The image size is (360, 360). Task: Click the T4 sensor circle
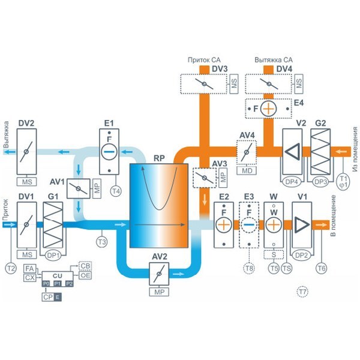[x=116, y=191]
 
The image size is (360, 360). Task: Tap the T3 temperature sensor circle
[x=102, y=242]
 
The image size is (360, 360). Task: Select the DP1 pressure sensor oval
[x=53, y=255]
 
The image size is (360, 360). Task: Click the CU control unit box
[x=58, y=276]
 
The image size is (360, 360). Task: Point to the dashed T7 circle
[x=302, y=292]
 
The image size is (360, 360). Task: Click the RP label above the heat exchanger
[x=159, y=158]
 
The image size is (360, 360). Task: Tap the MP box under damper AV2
[x=159, y=292]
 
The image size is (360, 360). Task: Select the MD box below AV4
[x=247, y=170]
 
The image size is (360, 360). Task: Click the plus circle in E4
[x=268, y=109]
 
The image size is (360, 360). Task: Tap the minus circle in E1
[x=109, y=152]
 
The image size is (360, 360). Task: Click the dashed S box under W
[x=274, y=254]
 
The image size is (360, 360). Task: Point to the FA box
[x=30, y=269]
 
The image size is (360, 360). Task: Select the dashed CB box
[x=85, y=266]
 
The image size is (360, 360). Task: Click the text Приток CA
[x=204, y=60]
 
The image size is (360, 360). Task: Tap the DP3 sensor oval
[x=320, y=182]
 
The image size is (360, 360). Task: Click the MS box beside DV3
[x=234, y=84]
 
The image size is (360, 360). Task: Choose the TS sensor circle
[x=287, y=268]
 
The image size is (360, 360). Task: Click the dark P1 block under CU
[x=58, y=284]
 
